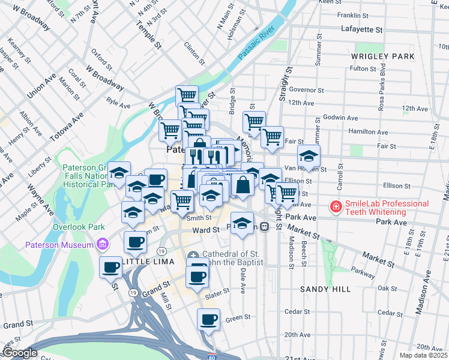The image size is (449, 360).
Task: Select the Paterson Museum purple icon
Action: pyautogui.click(x=102, y=244)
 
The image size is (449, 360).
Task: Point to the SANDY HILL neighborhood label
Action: pyautogui.click(x=325, y=289)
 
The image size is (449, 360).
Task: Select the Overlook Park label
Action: pyautogui.click(x=79, y=227)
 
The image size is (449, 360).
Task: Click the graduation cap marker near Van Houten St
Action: pyautogui.click(x=309, y=157)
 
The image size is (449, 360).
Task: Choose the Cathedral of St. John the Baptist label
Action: pyautogui.click(x=231, y=259)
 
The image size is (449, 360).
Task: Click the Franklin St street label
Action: pyautogui.click(x=352, y=15)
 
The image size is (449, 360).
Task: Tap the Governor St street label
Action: pyautogui.click(x=306, y=90)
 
